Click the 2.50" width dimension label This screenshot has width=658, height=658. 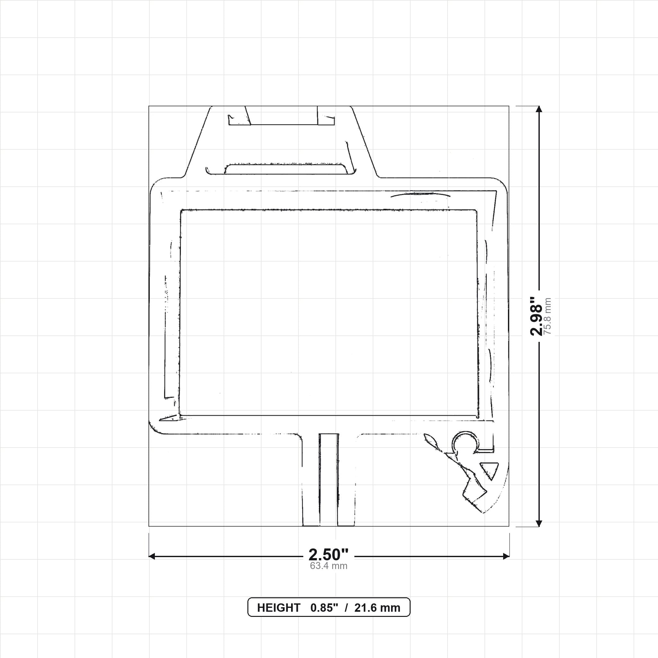click(x=329, y=555)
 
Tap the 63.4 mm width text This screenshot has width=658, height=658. click(x=329, y=566)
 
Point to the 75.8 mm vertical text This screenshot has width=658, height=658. click(x=547, y=316)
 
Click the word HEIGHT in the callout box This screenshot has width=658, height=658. click(x=279, y=608)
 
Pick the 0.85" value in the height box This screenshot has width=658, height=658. click(x=324, y=608)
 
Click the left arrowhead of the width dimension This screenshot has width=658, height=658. click(x=152, y=556)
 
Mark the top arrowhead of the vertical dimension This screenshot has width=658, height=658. click(x=539, y=109)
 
